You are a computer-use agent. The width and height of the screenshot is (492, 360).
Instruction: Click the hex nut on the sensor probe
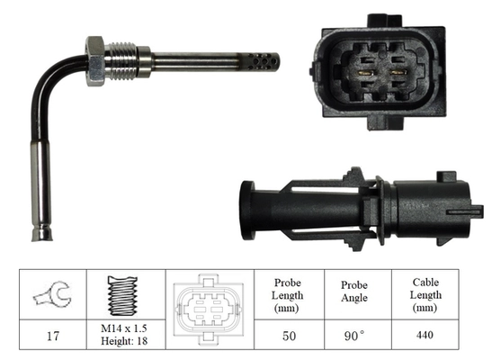click(96, 60)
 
